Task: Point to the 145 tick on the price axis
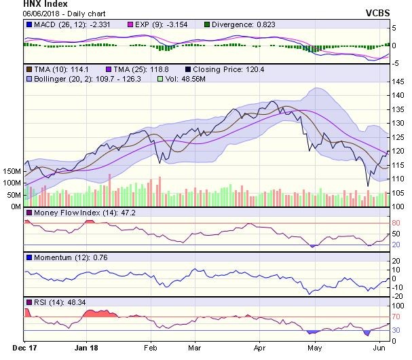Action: click(400, 82)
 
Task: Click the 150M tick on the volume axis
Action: click(11, 171)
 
